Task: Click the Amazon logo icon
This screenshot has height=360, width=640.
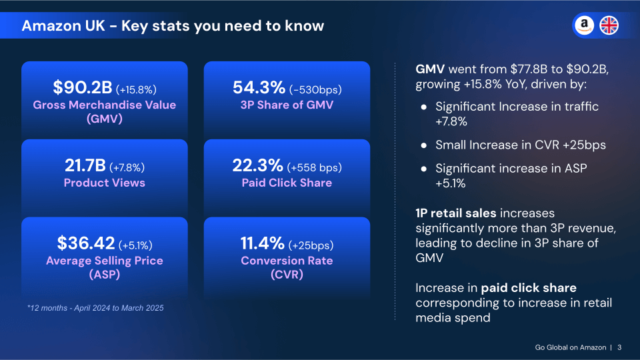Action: [x=584, y=26]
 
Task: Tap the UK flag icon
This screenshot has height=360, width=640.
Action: [x=609, y=26]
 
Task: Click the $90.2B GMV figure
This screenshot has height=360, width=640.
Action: [x=82, y=88]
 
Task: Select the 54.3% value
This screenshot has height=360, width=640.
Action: [x=259, y=88]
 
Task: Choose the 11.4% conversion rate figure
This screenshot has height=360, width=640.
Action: [x=263, y=244]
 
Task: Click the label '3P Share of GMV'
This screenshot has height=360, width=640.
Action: [x=287, y=105]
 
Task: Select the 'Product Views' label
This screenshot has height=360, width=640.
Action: [x=104, y=183]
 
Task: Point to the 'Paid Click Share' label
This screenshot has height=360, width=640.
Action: [x=287, y=183]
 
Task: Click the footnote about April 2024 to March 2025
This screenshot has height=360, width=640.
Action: [x=95, y=308]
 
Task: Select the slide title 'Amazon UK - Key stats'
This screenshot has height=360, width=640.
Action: [x=173, y=26]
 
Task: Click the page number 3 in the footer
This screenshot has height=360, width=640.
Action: [x=619, y=347]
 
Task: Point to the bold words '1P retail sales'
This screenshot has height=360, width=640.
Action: [x=456, y=213]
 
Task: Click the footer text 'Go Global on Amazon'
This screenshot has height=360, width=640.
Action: [x=571, y=347]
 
